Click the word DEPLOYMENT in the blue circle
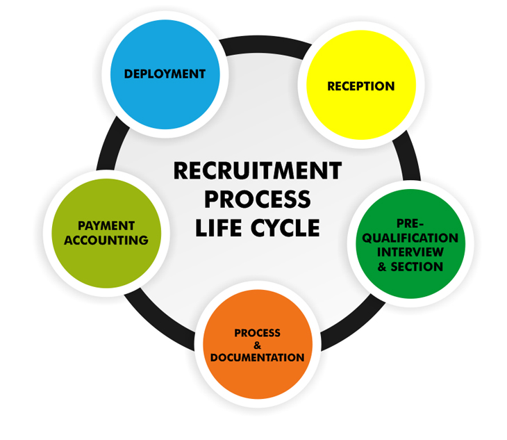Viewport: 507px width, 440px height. pyautogui.click(x=165, y=74)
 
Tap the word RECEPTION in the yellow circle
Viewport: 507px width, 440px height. pyautogui.click(x=360, y=86)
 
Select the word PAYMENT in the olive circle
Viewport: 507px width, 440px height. pyautogui.click(x=106, y=226)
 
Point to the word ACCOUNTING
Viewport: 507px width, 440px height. pyautogui.click(x=106, y=241)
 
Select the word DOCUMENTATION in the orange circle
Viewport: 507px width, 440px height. pyautogui.click(x=257, y=358)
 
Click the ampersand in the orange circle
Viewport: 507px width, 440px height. pyautogui.click(x=257, y=345)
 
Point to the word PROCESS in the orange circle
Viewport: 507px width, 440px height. pyautogui.click(x=257, y=333)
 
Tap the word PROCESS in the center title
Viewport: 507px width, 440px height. pyautogui.click(x=257, y=199)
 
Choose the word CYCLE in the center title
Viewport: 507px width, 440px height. pyautogui.click(x=288, y=228)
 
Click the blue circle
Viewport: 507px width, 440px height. pyautogui.click(x=165, y=97)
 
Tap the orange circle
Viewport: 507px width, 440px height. pyautogui.click(x=257, y=382)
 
